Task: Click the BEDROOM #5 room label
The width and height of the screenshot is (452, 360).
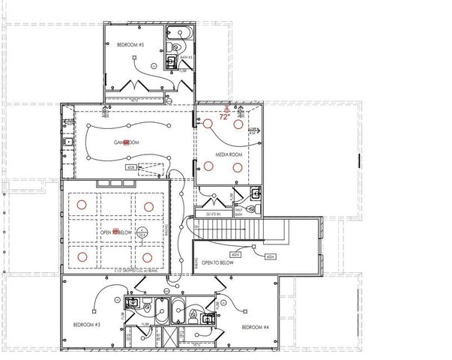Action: tap(130, 45)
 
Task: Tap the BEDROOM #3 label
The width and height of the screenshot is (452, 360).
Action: tap(87, 325)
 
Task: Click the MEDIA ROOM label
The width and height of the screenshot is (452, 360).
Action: tap(229, 154)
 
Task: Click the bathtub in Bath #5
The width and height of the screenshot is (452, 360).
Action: tap(180, 32)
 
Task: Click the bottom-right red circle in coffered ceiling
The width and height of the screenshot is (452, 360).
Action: tap(145, 257)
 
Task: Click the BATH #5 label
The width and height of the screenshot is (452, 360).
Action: tap(186, 57)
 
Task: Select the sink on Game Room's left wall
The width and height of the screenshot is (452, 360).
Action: tap(68, 141)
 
